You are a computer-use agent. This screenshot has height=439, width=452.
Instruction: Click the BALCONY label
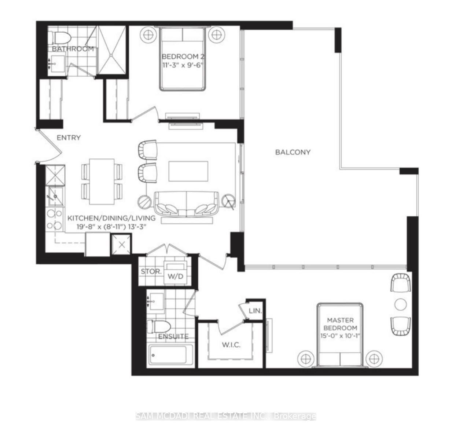pos(293,152)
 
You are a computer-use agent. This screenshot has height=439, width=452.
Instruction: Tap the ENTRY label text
pos(69,138)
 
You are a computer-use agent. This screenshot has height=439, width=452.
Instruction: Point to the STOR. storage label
pos(151,272)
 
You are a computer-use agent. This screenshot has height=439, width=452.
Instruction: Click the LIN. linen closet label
pos(255,311)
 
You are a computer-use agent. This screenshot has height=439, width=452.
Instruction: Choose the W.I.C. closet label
pos(231,345)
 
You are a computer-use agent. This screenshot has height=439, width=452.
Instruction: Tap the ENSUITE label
pos(173,336)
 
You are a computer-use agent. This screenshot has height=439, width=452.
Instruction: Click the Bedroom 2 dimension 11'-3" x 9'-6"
pos(183,65)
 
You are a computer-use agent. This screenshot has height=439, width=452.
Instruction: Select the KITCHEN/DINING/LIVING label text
pos(111,218)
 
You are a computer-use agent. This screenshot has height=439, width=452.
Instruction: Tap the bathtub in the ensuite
pos(171,355)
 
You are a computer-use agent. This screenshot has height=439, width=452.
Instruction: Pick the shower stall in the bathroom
pos(112,50)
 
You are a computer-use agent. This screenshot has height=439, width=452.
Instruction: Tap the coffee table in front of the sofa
pos(188,171)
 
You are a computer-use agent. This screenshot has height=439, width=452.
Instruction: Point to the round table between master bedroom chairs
pos(400,304)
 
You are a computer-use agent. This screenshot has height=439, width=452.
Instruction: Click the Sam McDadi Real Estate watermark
pos(226,416)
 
